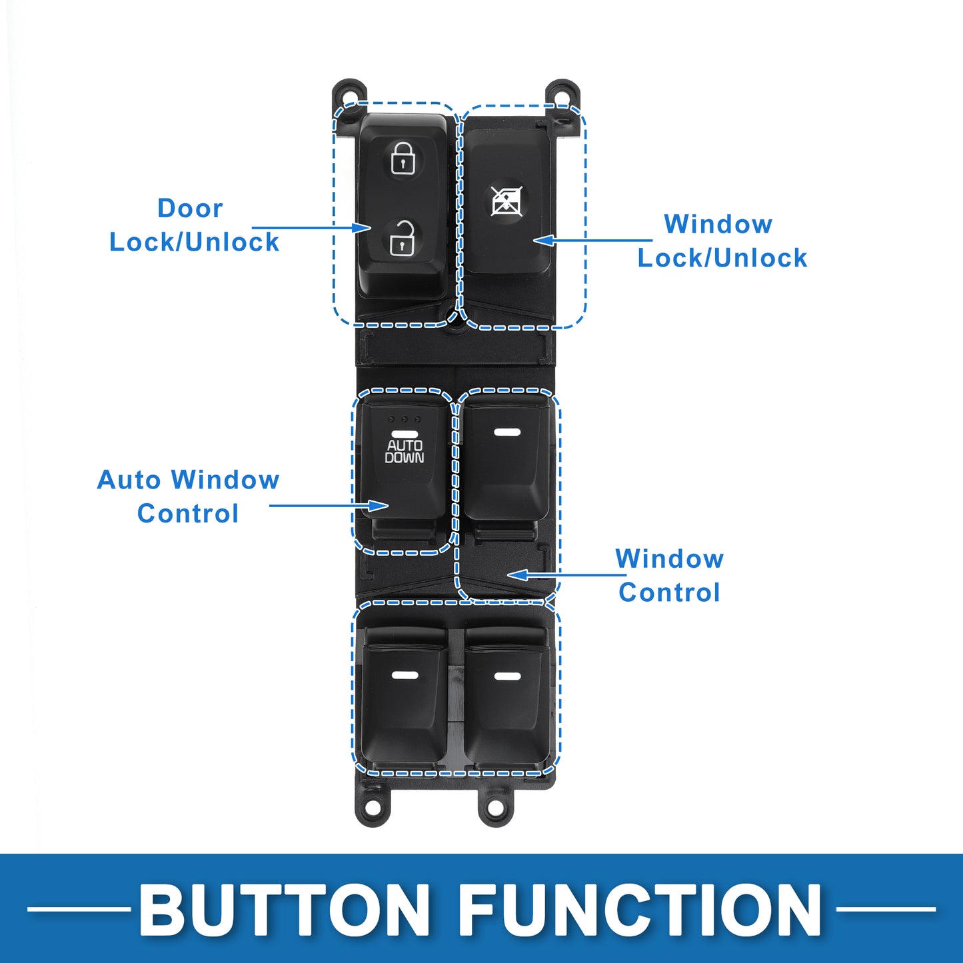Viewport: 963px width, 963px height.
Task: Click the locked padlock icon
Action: click(403, 159)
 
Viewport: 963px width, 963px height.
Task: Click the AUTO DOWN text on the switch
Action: click(405, 451)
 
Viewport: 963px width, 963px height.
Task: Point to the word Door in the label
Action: click(190, 209)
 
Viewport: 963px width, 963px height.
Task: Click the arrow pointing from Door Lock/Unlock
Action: click(311, 228)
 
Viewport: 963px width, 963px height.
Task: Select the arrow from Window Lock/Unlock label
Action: click(592, 241)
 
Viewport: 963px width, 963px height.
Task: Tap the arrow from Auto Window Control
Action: click(329, 505)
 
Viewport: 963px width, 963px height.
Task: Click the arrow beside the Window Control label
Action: click(566, 574)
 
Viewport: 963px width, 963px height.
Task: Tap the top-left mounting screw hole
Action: click(349, 93)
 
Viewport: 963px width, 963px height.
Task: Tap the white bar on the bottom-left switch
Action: click(405, 676)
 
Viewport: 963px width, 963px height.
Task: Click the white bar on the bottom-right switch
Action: click(507, 676)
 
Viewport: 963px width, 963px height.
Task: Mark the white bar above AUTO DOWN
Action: click(405, 435)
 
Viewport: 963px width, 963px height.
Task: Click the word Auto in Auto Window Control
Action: click(129, 480)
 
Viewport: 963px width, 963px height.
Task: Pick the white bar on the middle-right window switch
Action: click(507, 432)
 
